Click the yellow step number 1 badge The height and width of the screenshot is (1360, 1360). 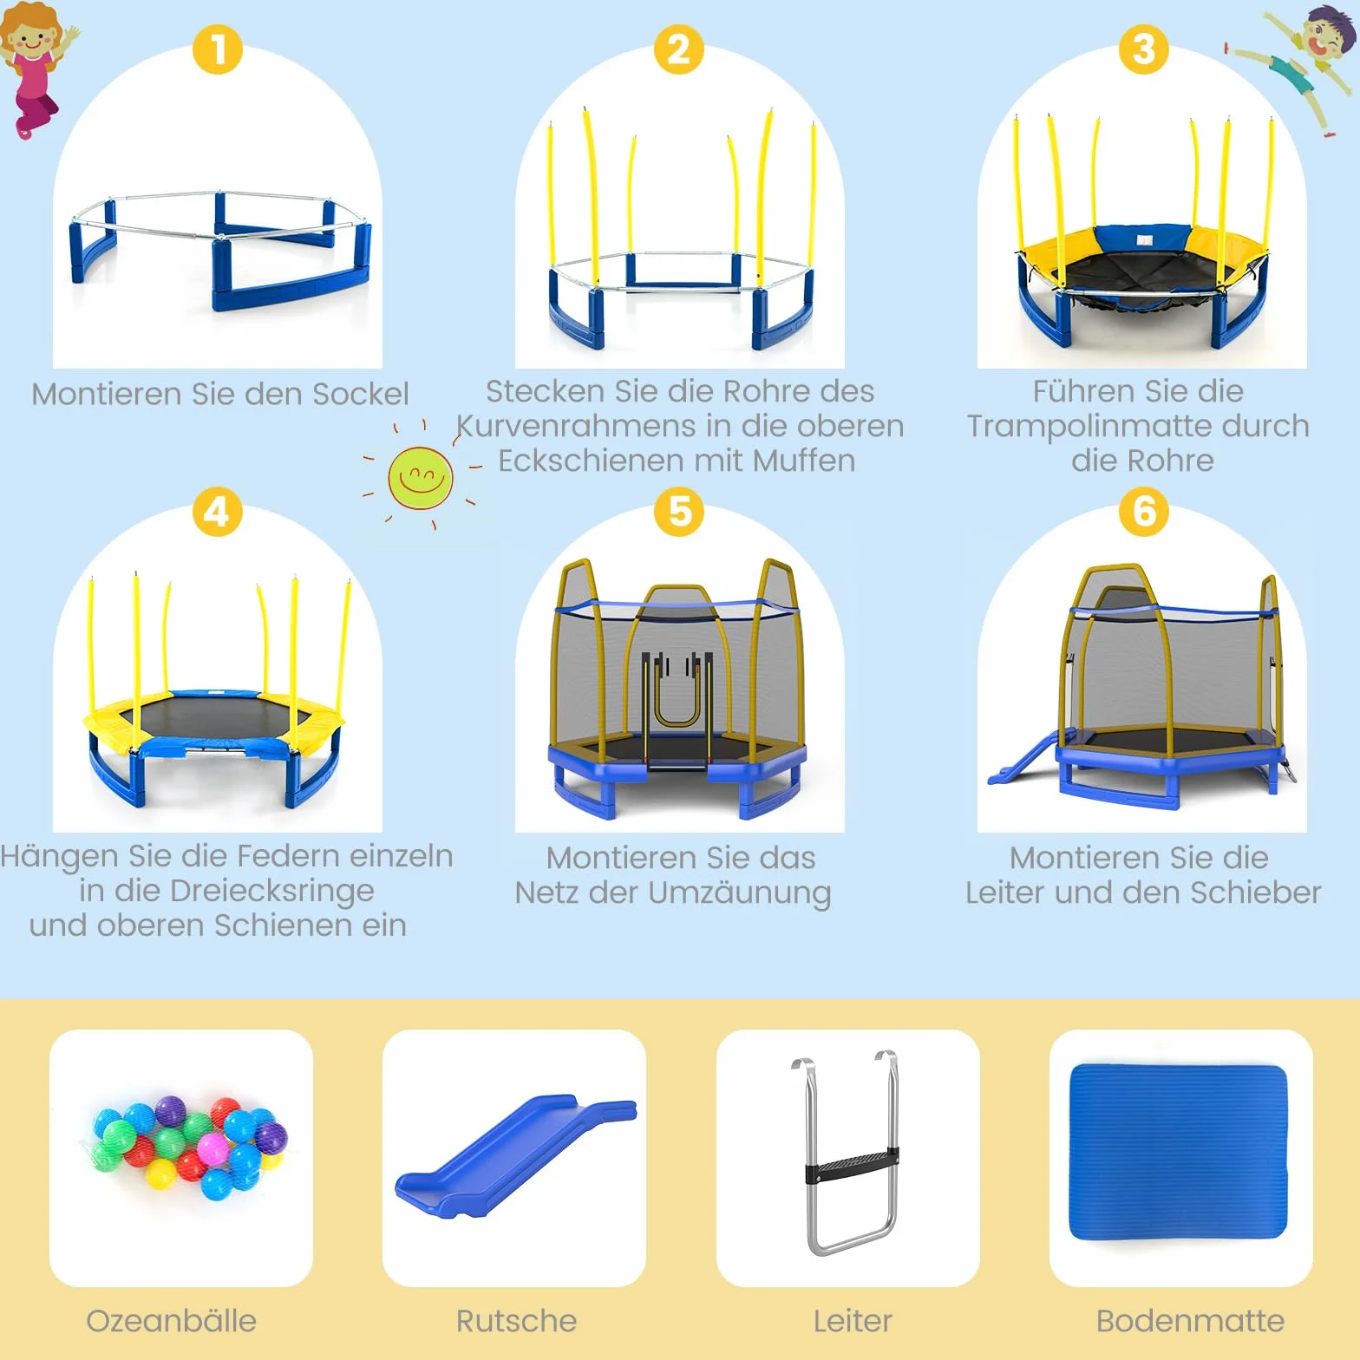point(218,49)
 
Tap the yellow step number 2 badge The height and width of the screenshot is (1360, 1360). point(679,49)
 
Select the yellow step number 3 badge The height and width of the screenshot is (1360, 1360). point(1144,49)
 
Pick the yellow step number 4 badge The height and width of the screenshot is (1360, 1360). point(217,512)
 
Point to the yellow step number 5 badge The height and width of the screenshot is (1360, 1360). point(680,512)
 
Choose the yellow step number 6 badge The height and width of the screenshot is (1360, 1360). point(1144,512)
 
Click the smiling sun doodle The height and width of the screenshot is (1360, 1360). point(421,477)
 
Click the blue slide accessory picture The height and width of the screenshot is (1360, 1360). point(515,1156)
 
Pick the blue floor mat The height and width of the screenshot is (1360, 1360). point(1180,1152)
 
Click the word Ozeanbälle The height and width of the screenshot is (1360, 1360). point(172,1321)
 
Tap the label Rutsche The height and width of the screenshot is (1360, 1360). point(516,1321)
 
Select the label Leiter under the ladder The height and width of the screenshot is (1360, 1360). point(853,1321)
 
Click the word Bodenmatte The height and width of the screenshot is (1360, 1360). point(1190,1321)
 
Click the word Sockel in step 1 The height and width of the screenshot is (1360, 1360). point(360,394)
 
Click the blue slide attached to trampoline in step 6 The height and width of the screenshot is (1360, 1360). point(1023,757)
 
